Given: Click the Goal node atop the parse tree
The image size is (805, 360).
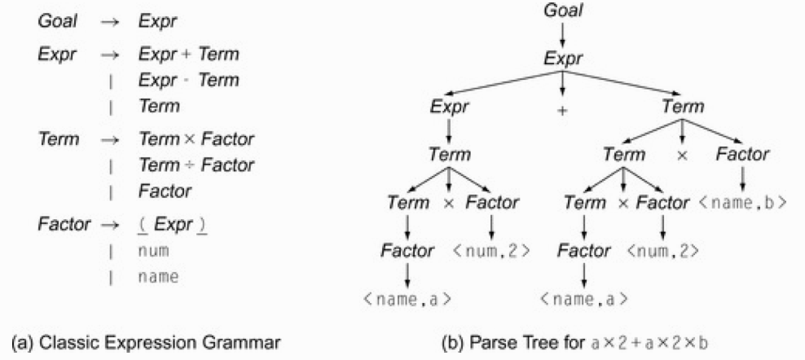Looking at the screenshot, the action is (x=563, y=11).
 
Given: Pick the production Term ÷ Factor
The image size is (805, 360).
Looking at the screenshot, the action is (x=196, y=165).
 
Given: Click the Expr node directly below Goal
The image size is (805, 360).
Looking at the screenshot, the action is (x=563, y=60).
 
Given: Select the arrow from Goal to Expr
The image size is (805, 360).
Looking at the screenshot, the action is (x=563, y=34).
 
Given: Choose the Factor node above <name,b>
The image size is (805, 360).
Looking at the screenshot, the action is (x=743, y=154).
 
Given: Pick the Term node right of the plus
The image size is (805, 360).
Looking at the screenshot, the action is (x=684, y=107).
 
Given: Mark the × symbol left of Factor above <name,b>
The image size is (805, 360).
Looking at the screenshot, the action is (x=683, y=155).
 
